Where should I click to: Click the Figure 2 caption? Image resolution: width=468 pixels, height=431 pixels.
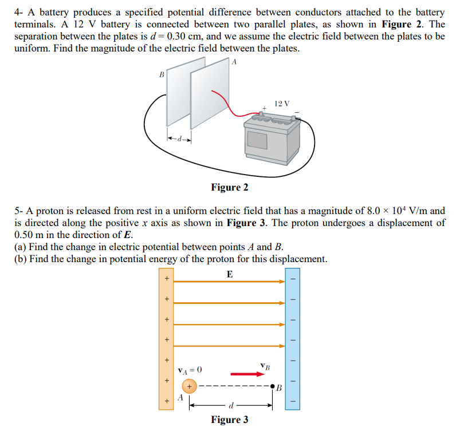(229, 187)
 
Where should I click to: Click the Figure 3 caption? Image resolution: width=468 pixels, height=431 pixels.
(229, 420)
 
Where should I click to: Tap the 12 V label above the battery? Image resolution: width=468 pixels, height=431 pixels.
(282, 104)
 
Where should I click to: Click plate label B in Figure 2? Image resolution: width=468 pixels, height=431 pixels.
(162, 75)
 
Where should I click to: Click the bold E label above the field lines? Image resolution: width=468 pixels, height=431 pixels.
(230, 274)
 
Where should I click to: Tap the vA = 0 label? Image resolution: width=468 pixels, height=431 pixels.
(190, 370)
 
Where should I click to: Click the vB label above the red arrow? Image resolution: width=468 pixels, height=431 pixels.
(264, 365)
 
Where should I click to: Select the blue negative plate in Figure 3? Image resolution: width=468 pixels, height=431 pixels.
(293, 339)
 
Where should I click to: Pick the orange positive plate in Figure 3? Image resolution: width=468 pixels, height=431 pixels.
(166, 339)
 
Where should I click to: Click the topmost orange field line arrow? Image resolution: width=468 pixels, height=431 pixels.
(229, 282)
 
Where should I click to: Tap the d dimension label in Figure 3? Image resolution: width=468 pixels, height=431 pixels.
(230, 406)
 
